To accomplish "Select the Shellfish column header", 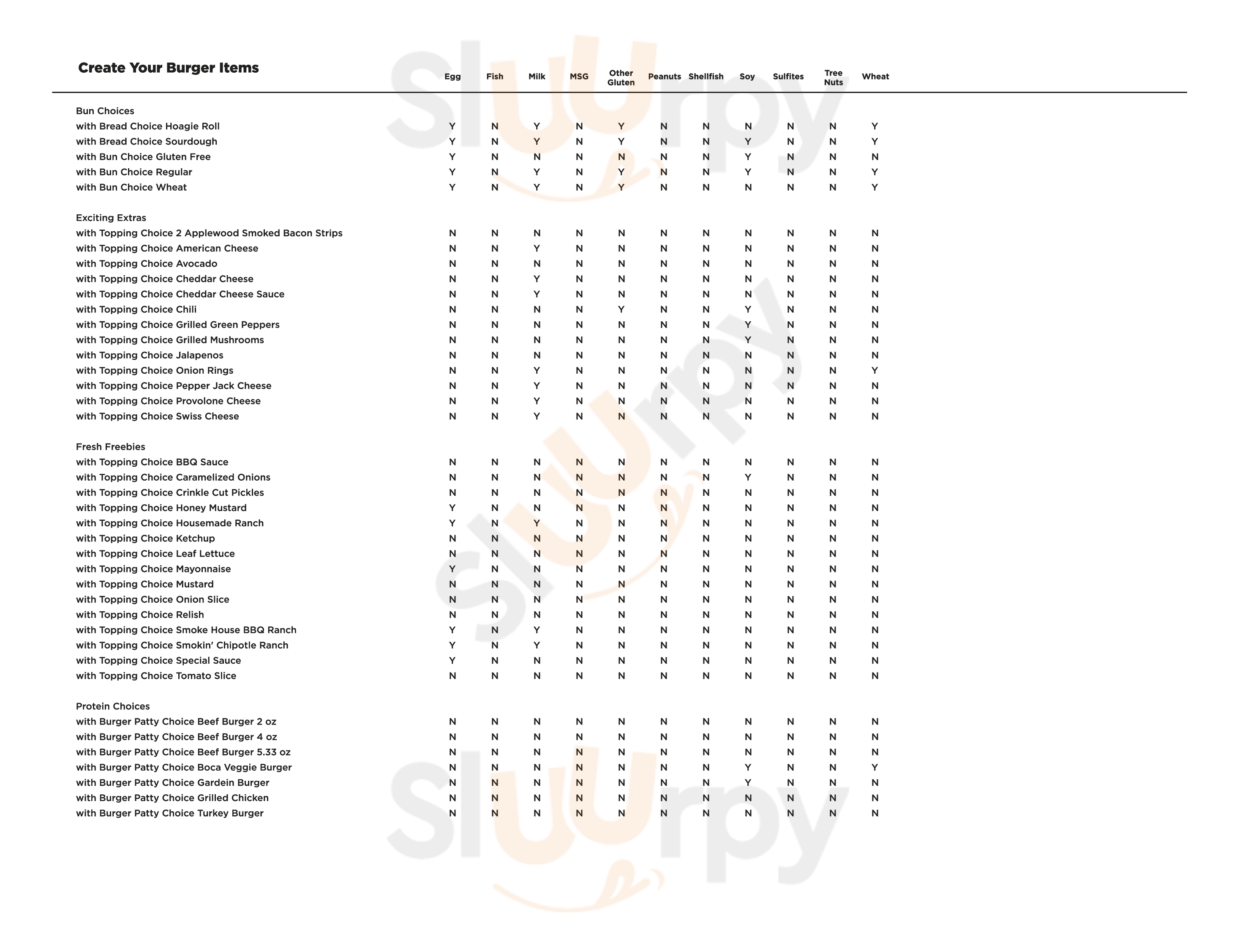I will click(x=706, y=77).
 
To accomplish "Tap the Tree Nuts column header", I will click(x=833, y=78).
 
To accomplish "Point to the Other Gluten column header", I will click(x=621, y=78).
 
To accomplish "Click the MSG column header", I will click(x=579, y=77).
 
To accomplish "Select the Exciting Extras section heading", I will click(x=111, y=218).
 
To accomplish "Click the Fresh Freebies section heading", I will click(x=110, y=446).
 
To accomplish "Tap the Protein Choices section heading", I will click(x=113, y=706).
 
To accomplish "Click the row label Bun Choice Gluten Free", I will click(x=143, y=157).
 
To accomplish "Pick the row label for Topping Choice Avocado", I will click(x=147, y=263).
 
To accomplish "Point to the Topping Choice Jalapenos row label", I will click(x=150, y=355).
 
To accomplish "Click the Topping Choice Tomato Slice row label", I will click(x=156, y=676).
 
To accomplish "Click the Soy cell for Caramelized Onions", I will click(x=748, y=477).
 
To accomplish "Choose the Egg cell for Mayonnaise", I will click(x=452, y=569).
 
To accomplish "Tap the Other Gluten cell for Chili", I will click(x=621, y=309).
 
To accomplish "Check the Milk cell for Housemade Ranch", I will click(x=537, y=523).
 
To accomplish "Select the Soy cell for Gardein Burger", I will click(x=748, y=782).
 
